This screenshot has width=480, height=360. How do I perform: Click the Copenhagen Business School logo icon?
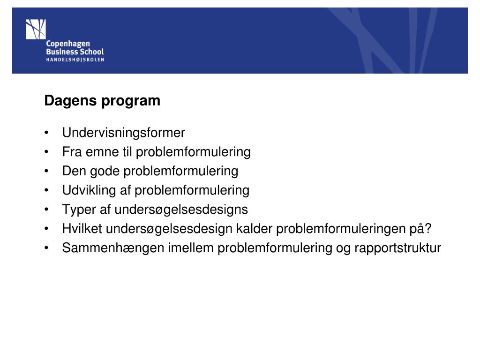point(36,29)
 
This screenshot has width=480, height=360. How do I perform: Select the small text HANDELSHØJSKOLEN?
point(75,60)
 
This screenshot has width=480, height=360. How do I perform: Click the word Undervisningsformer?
point(124,133)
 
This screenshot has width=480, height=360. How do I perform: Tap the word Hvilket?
point(82,229)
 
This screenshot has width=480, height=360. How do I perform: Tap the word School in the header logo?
point(92,52)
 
